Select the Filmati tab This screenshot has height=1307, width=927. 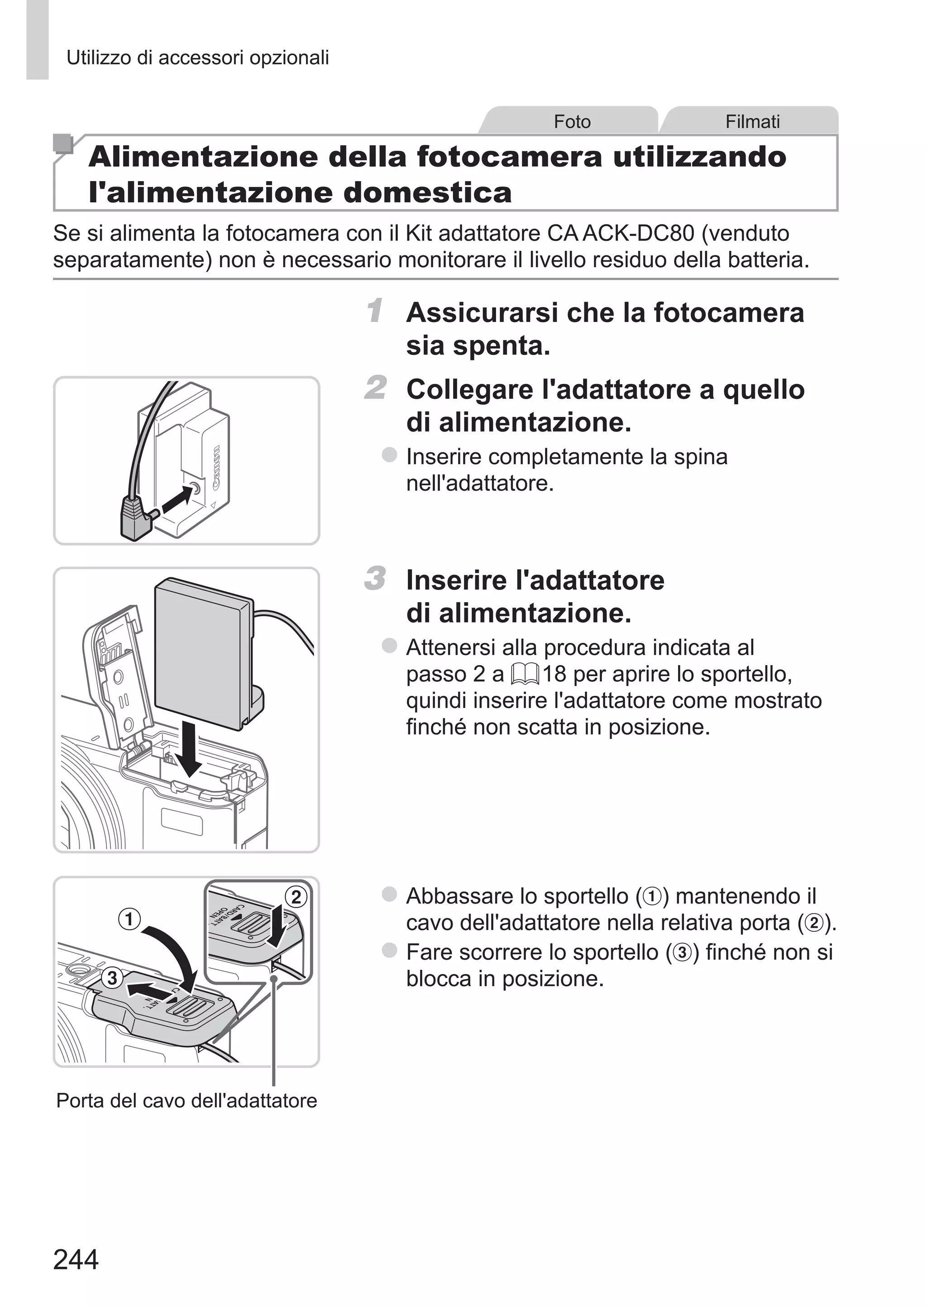coord(752,122)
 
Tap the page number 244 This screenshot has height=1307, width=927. coord(76,1259)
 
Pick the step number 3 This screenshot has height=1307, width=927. coord(376,578)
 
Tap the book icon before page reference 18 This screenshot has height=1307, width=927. coord(525,675)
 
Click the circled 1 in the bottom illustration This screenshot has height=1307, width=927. coord(129,919)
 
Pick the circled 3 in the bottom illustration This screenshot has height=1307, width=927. coord(112,978)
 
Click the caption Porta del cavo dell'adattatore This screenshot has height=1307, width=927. coord(186,1101)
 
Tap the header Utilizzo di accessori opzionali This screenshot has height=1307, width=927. coord(197,57)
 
